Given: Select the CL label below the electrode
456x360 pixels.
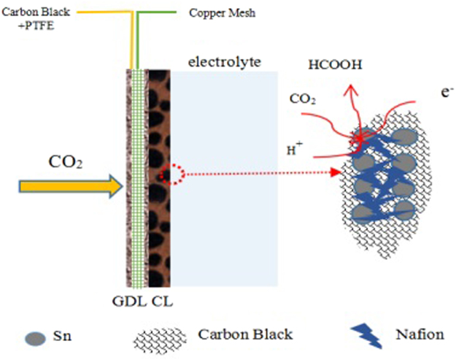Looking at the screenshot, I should click(x=162, y=299).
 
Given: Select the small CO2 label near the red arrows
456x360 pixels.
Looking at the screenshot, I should click(x=303, y=97).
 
